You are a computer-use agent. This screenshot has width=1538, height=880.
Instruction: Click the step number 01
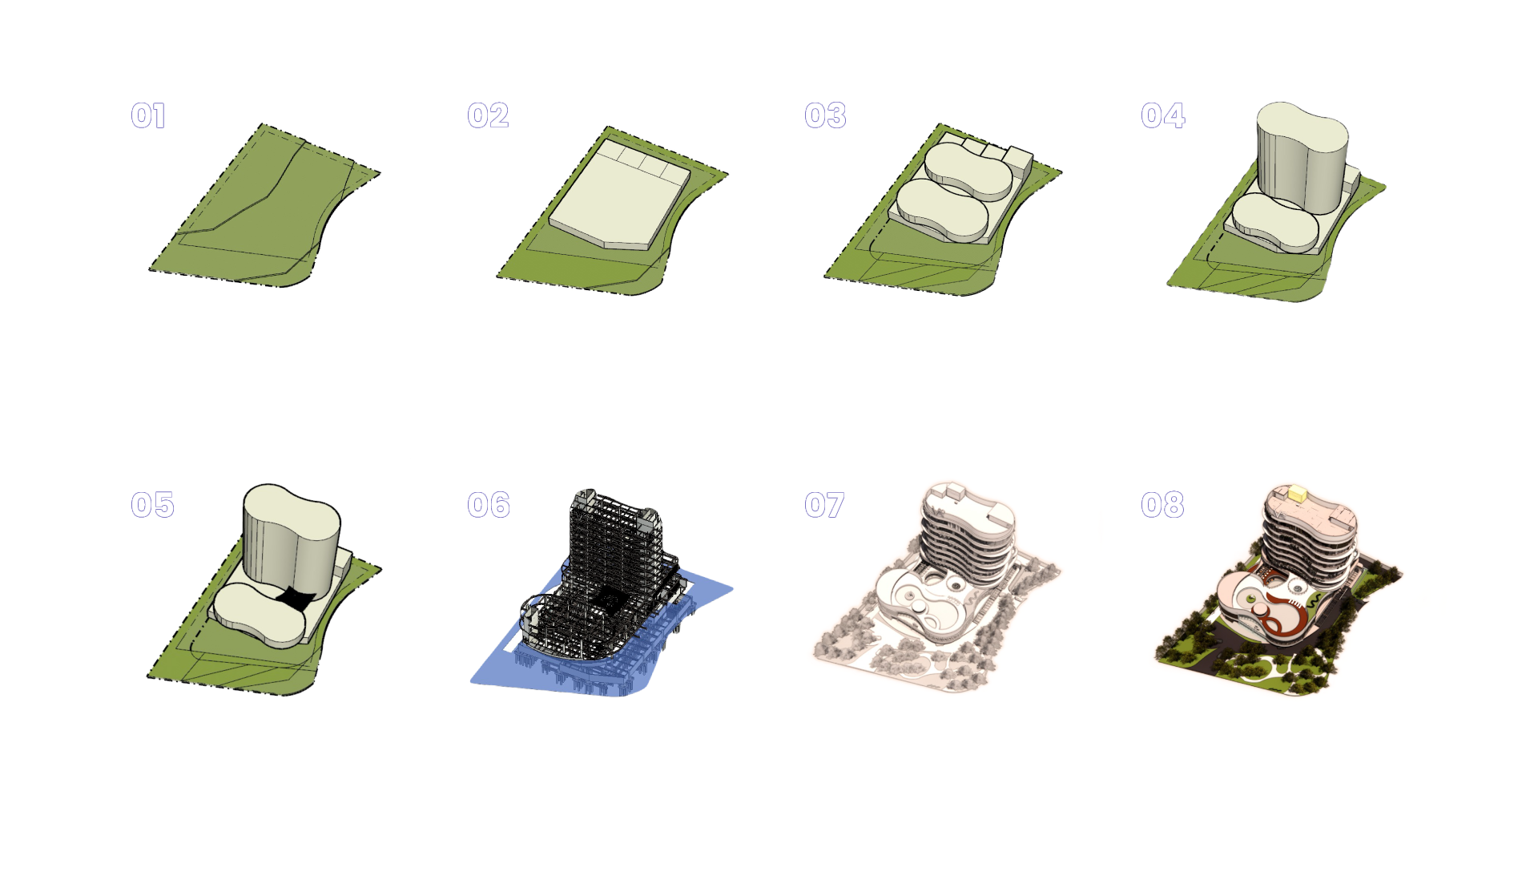coord(149,115)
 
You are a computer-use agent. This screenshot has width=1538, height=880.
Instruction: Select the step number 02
coord(488,115)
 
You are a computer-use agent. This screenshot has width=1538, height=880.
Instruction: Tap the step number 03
coord(825,115)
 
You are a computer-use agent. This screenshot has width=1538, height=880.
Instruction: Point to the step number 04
coord(1163,115)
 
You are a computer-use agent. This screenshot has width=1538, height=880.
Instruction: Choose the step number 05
coord(152,504)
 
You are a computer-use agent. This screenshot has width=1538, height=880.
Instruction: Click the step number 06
coord(489,504)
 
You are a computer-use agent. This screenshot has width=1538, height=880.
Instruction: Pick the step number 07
coord(824,504)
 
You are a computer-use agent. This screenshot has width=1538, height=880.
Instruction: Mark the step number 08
coord(1162,504)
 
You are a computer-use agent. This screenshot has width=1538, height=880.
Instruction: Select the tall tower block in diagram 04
coord(1302,156)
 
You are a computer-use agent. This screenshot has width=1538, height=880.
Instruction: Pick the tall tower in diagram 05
coord(292,541)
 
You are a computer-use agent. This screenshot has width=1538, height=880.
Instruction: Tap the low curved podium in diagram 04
coord(1274,223)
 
